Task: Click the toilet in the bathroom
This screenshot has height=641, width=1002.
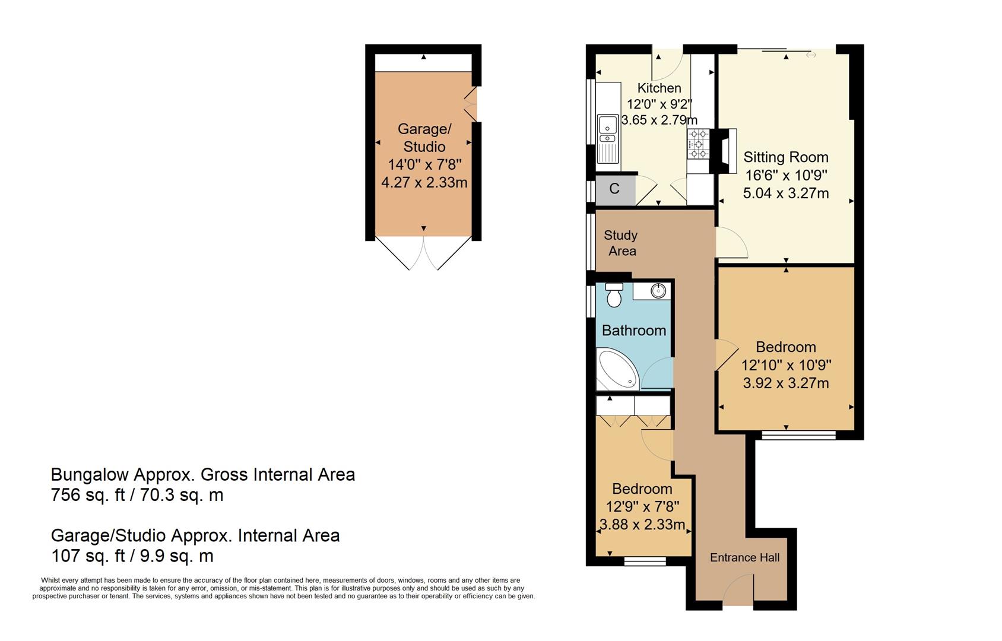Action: (614, 296)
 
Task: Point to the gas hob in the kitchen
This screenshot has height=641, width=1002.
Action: (698, 144)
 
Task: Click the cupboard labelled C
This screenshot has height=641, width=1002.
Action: (614, 189)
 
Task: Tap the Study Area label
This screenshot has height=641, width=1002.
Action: (621, 243)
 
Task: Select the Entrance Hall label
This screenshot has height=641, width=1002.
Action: (744, 557)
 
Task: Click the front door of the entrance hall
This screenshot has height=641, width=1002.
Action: (738, 591)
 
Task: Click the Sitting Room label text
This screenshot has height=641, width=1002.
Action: (785, 157)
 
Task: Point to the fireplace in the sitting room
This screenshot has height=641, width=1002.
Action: (726, 151)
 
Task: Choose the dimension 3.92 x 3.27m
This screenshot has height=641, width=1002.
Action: (785, 383)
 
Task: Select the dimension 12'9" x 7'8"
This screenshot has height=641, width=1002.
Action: (642, 507)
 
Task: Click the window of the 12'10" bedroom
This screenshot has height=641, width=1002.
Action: (798, 436)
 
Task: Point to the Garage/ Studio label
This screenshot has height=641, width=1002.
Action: (424, 138)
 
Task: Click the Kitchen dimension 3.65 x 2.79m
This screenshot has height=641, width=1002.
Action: (659, 120)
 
